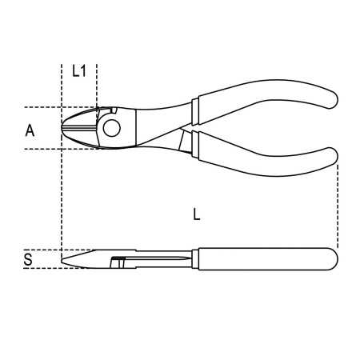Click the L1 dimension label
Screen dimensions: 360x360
pyautogui.click(x=78, y=71)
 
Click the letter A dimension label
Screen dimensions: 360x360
pyautogui.click(x=30, y=130)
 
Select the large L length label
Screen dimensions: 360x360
pyautogui.click(x=197, y=214)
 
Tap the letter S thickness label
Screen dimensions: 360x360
pyautogui.click(x=28, y=259)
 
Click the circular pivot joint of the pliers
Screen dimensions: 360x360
pyautogui.click(x=111, y=126)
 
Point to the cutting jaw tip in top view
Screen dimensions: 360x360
pyautogui.click(x=64, y=128)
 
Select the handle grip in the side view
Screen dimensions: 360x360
pyautogui.click(x=256, y=258)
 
